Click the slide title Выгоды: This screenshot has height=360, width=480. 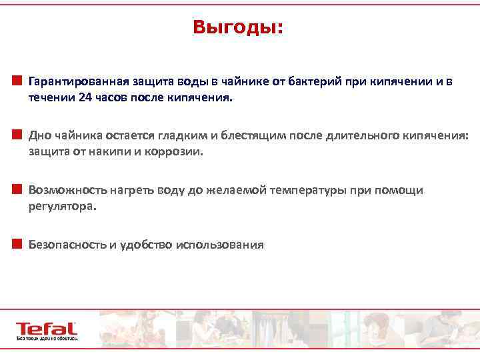point(237,27)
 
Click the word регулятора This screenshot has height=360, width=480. point(62,206)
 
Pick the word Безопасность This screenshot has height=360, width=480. point(67,245)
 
